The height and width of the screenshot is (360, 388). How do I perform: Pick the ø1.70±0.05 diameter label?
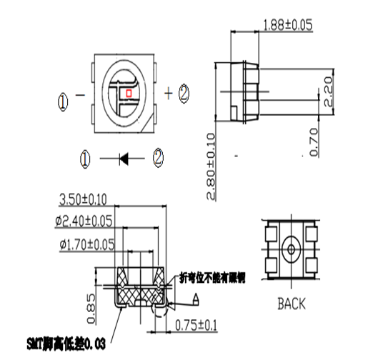87,244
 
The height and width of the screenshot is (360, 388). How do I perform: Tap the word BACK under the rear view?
291,304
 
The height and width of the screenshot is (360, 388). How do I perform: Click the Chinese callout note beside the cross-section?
212,277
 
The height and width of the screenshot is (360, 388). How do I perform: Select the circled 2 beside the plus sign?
184,91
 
